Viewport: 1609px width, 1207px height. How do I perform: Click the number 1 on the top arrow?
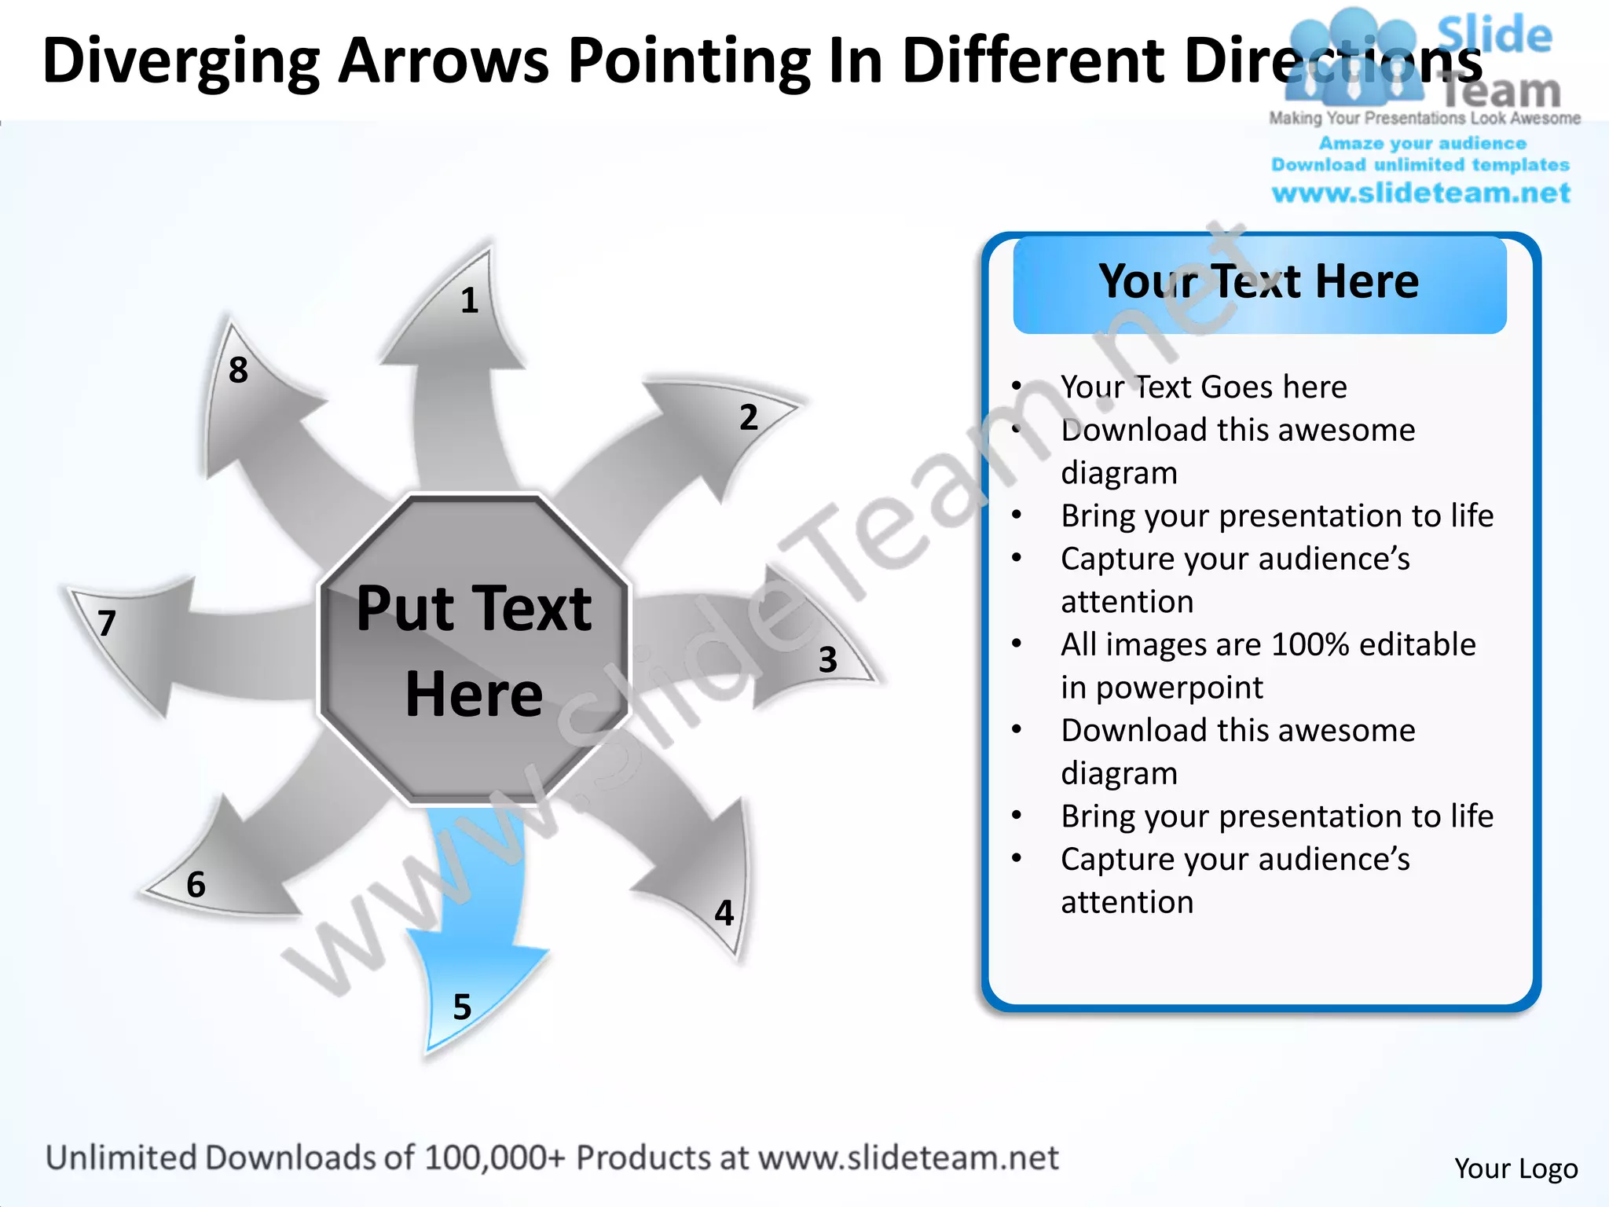click(x=469, y=300)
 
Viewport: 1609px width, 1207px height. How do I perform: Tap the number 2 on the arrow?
click(x=749, y=416)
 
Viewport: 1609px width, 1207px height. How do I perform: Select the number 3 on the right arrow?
click(x=827, y=659)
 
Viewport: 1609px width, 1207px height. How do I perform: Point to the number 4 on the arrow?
click(x=724, y=912)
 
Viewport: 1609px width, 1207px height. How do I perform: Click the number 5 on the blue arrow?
click(x=462, y=1007)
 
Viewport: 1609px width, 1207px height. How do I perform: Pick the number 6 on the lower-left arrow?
click(x=196, y=885)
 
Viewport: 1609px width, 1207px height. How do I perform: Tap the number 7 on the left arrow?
click(x=107, y=623)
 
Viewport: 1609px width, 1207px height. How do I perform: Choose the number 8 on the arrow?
click(x=238, y=369)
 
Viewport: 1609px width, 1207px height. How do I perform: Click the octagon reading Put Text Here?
click(x=474, y=651)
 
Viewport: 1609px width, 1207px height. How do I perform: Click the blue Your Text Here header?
click(x=1259, y=283)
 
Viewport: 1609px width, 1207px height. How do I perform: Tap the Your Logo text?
click(x=1516, y=1168)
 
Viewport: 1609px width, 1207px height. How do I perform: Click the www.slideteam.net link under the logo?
click(x=1420, y=193)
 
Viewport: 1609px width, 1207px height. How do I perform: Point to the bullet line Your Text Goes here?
click(x=1203, y=387)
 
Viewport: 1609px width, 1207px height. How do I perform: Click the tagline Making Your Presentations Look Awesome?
click(x=1424, y=119)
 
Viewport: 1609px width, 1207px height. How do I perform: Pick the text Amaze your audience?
click(x=1422, y=143)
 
